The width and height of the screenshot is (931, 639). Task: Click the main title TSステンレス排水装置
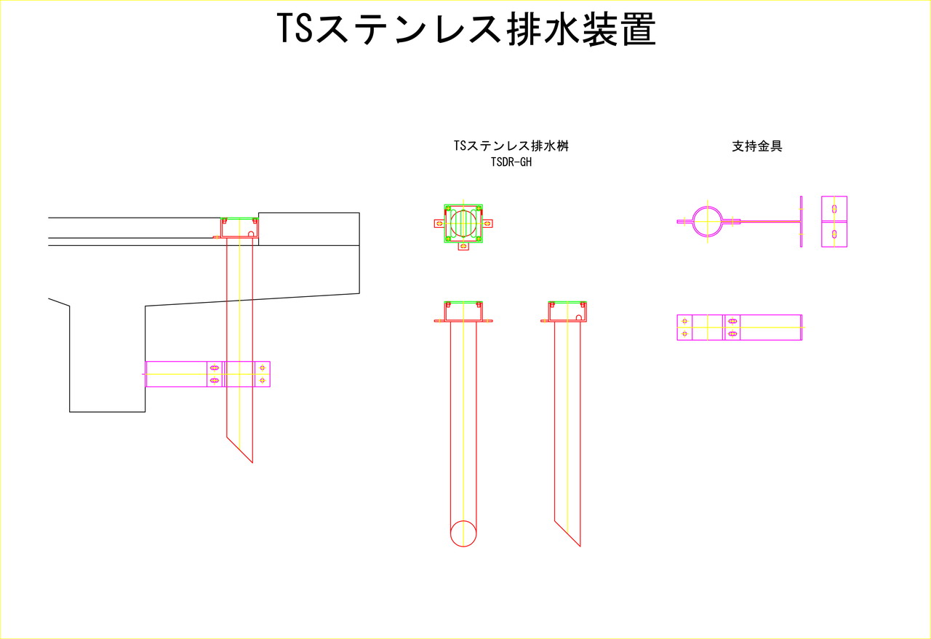click(x=465, y=31)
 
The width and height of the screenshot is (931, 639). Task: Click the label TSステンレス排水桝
click(x=511, y=146)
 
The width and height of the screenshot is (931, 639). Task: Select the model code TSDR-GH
click(x=511, y=162)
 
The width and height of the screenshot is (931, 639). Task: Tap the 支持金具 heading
click(x=756, y=146)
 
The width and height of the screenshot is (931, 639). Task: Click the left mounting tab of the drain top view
click(x=439, y=223)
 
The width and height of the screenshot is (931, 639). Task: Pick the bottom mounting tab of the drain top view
click(x=463, y=247)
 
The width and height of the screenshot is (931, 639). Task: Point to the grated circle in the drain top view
click(x=463, y=223)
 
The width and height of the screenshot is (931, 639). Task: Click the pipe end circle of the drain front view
click(x=463, y=533)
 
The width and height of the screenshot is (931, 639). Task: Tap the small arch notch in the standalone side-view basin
click(x=578, y=317)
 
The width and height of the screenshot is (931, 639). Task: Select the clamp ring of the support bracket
click(x=707, y=221)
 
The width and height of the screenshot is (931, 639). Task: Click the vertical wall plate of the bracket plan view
click(x=801, y=221)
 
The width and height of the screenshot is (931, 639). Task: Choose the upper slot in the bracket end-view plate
click(x=834, y=210)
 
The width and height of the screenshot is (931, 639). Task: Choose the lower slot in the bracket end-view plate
click(x=834, y=234)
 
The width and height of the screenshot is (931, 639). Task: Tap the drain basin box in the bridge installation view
click(x=239, y=228)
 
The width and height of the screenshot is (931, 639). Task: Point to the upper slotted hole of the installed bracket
click(x=214, y=368)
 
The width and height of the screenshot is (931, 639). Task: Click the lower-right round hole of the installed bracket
click(x=262, y=380)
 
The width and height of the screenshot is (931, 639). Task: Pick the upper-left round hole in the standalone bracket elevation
click(x=684, y=321)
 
